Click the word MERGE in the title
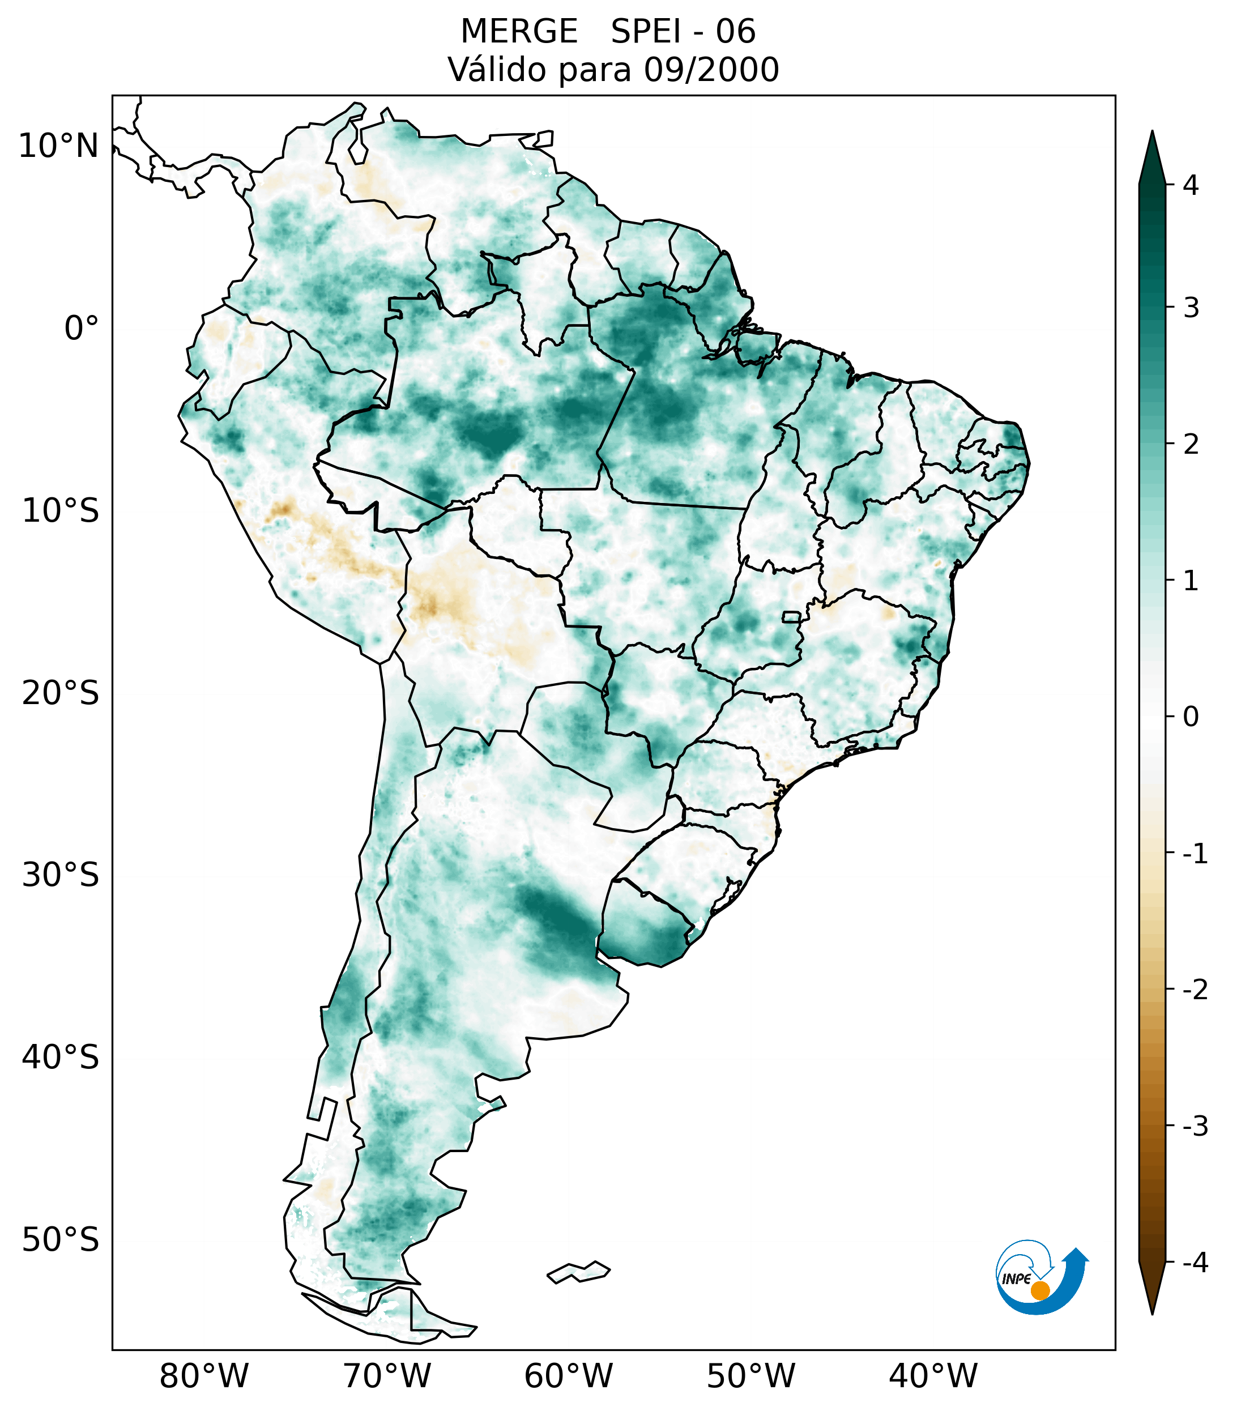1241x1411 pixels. point(518,32)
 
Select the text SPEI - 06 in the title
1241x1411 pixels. point(683,32)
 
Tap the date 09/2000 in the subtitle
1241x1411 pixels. point(711,70)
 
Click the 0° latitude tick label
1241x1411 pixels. point(82,329)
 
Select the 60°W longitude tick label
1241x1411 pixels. point(568,1376)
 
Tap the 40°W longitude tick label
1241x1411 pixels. point(932,1376)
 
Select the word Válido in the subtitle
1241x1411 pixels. point(497,70)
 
